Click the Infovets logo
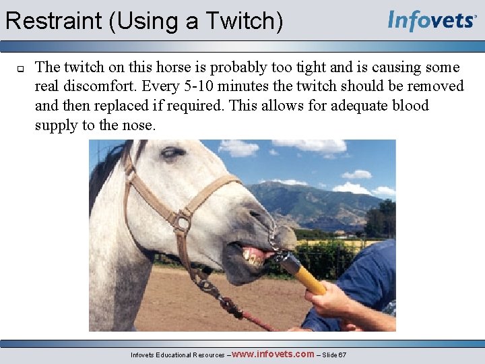click(x=432, y=20)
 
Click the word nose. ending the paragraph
click(x=140, y=125)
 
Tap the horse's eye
click(x=173, y=152)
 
